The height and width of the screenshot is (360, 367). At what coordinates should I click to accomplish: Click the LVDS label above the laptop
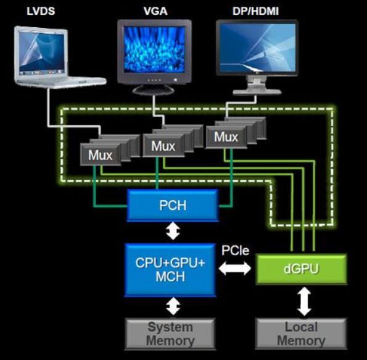pos(41,11)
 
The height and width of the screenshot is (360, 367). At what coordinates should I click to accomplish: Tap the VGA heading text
pos(155,11)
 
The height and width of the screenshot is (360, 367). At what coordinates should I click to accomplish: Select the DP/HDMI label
pos(255,11)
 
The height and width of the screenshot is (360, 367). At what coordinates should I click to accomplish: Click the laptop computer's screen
pos(42,52)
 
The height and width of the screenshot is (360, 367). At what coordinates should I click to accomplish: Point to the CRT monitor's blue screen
pos(154,49)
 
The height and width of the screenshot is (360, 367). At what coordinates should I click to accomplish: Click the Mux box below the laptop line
pos(101,155)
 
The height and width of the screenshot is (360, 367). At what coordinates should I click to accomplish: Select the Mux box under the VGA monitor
pos(163,146)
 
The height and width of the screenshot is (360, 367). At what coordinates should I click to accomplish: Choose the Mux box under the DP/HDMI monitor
pos(226,137)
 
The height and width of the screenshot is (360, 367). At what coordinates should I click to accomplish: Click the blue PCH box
pos(173,206)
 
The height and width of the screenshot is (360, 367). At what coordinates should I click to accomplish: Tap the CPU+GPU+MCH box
pos(170,270)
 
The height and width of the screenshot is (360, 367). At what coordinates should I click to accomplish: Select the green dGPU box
pos(301,269)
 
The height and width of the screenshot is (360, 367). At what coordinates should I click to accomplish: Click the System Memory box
pos(170,333)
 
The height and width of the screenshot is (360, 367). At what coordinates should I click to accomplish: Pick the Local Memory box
pos(301,333)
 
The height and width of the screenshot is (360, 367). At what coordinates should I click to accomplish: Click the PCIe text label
pos(235,250)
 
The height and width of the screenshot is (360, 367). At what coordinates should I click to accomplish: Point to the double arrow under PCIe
pos(235,268)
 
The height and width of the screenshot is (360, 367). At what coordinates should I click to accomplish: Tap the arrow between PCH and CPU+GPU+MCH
pos(173,231)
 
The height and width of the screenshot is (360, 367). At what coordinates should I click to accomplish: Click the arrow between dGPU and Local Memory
pos(304,301)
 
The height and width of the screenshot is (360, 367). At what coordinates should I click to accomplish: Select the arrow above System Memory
pos(173,306)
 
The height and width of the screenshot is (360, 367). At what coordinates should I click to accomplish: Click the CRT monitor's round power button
pos(175,80)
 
